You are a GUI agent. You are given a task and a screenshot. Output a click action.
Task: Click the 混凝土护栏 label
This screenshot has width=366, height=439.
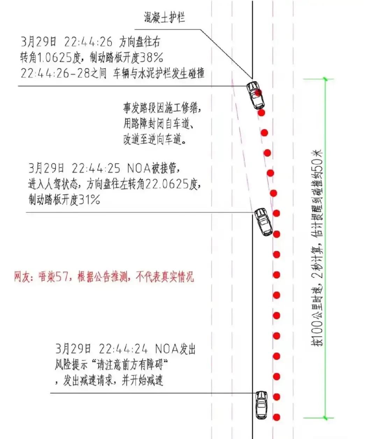pyautogui.click(x=164, y=18)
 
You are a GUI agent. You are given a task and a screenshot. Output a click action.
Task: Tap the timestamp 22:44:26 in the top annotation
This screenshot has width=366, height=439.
pyautogui.click(x=88, y=42)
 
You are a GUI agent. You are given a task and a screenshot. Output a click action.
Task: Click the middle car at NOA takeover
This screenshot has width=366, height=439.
pyautogui.click(x=263, y=221)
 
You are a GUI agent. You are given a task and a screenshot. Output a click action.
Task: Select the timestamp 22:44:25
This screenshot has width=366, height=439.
pyautogui.click(x=96, y=169)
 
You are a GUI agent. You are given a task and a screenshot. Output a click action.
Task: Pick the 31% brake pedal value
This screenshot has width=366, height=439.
pyautogui.click(x=89, y=200)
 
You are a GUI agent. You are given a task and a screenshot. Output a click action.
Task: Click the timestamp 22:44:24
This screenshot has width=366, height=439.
pyautogui.click(x=123, y=349)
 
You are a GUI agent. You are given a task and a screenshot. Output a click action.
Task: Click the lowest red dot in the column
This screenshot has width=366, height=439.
pyautogui.click(x=277, y=417)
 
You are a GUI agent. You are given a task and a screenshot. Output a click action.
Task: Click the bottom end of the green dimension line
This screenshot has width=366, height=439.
pyautogui.click(x=326, y=417)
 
